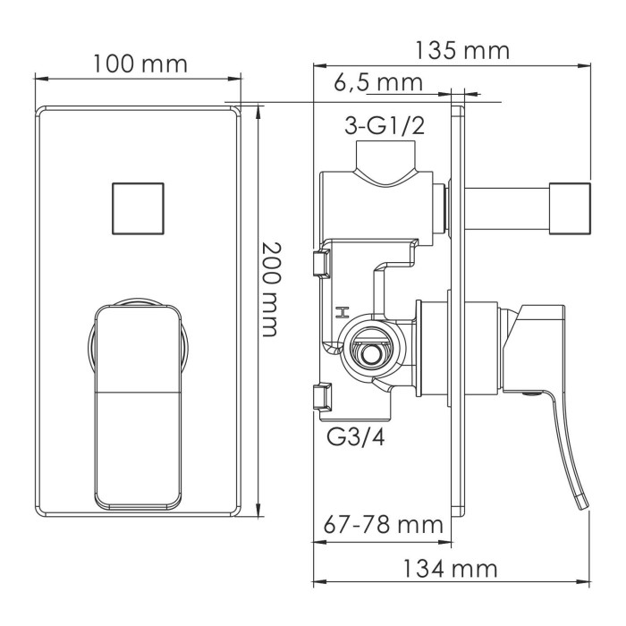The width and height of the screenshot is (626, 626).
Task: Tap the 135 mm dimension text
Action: tap(461, 51)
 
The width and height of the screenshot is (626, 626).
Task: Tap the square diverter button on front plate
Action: tap(139, 207)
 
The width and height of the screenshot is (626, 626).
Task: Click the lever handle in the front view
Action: tap(139, 402)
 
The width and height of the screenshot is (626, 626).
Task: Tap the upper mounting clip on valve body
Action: tap(320, 264)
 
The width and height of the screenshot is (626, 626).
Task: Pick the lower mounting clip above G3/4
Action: tap(320, 397)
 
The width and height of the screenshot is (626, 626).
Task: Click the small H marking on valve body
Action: tap(341, 312)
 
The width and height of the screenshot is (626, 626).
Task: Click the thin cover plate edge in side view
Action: tap(459, 313)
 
